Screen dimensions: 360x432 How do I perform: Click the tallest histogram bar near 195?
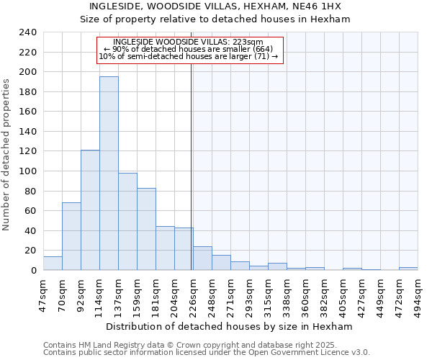(x=109, y=173)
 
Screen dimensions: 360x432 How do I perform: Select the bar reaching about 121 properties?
(x=90, y=210)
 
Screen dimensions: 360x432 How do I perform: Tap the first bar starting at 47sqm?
(x=53, y=264)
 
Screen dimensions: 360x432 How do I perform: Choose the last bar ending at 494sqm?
(x=408, y=269)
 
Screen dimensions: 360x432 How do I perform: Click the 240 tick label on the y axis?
(x=28, y=32)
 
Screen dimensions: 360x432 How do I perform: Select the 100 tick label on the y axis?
(x=28, y=171)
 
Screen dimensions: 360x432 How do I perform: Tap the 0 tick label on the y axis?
(x=33, y=271)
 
